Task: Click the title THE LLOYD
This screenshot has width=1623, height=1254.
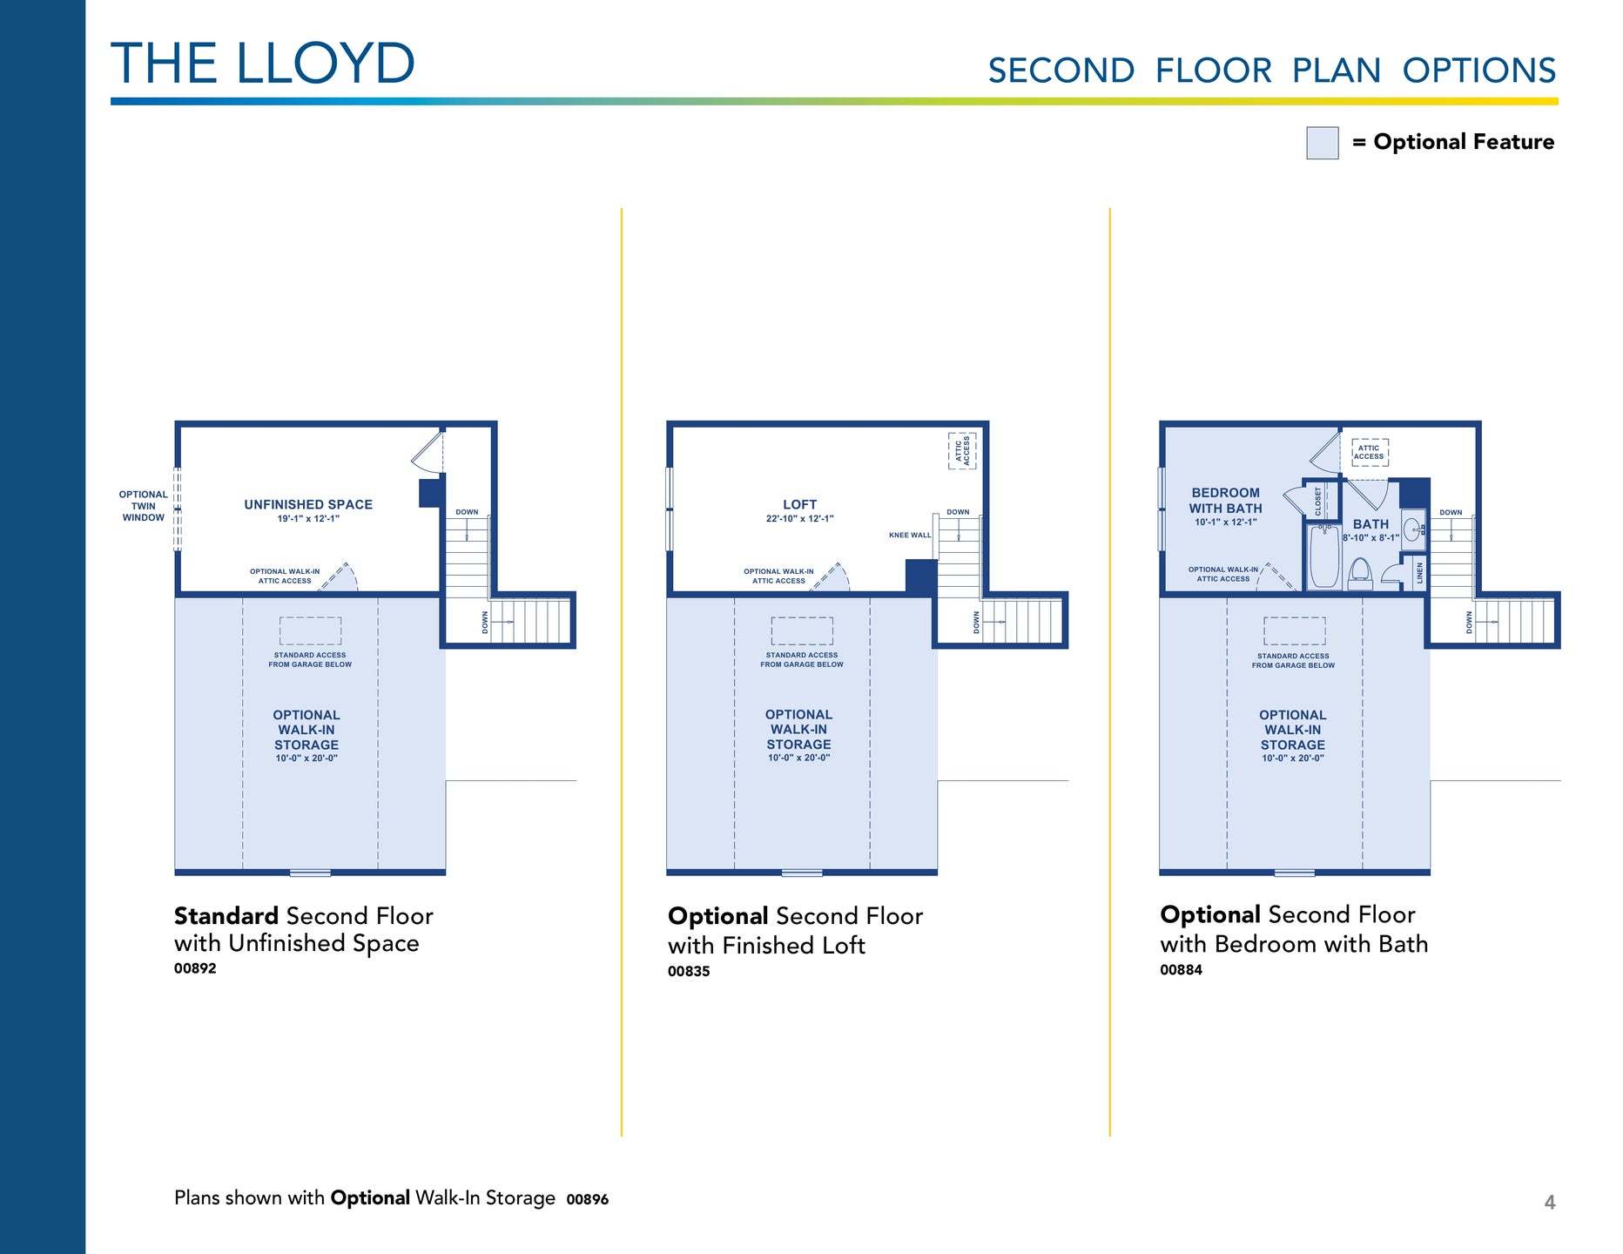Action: (x=262, y=64)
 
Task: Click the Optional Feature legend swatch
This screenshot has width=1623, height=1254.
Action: (x=1322, y=143)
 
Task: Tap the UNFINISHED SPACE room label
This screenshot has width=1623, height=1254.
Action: (x=308, y=504)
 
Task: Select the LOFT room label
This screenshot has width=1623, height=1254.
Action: (x=799, y=504)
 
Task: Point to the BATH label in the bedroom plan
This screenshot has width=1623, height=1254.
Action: (x=1370, y=524)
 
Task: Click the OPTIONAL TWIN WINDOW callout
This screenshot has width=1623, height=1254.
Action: (x=143, y=506)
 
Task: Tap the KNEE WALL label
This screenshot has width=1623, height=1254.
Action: (x=909, y=535)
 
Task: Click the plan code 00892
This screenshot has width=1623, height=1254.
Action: (x=195, y=968)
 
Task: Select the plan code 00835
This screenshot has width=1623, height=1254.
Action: (x=689, y=971)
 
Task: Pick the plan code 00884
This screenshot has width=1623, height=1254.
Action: (x=1181, y=969)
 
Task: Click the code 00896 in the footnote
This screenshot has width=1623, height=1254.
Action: (x=588, y=1199)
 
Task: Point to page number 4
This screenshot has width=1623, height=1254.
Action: (x=1550, y=1203)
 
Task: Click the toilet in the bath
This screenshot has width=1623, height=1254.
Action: (x=1359, y=573)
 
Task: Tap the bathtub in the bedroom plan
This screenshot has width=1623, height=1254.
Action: (x=1324, y=556)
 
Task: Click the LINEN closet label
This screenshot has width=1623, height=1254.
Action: (x=1419, y=572)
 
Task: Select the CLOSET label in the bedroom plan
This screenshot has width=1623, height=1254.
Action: (x=1317, y=501)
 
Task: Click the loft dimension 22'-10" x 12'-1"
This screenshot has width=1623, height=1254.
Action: (x=799, y=519)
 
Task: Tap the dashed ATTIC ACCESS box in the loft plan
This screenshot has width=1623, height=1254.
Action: (x=962, y=450)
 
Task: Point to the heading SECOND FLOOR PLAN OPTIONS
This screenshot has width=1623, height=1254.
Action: (x=1271, y=71)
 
